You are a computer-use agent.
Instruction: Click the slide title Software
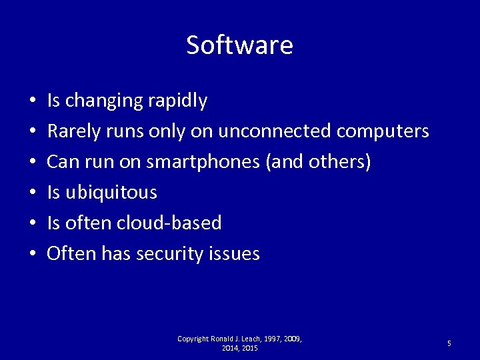(x=239, y=45)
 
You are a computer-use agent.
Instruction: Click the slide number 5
(x=449, y=343)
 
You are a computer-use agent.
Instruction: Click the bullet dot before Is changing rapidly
(x=33, y=103)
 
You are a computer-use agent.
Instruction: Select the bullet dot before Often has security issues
(x=33, y=255)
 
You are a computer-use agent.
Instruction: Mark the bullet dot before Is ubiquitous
(x=33, y=193)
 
